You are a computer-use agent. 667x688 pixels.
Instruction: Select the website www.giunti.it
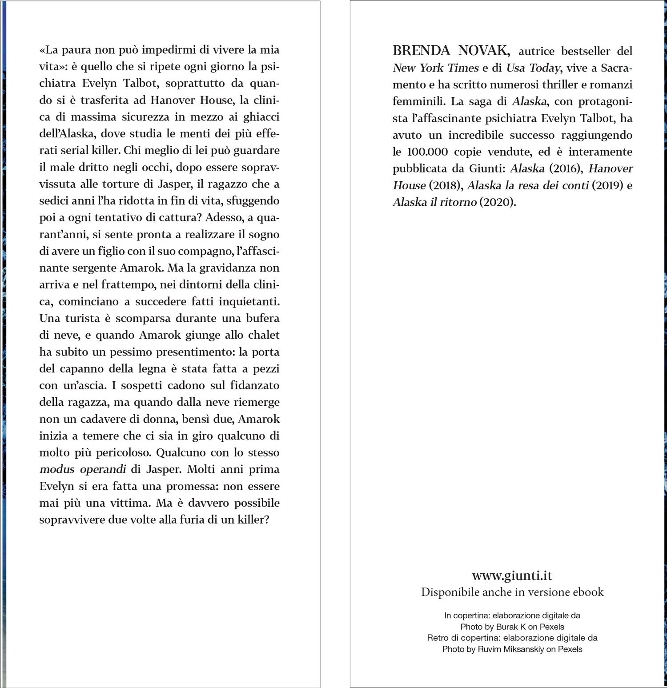[512, 576]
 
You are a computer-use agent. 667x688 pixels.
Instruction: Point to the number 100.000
[426, 152]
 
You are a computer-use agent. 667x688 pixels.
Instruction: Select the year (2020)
[498, 202]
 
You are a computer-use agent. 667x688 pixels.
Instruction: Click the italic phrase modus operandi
[83, 469]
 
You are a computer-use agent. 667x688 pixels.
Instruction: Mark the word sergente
[84, 268]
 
